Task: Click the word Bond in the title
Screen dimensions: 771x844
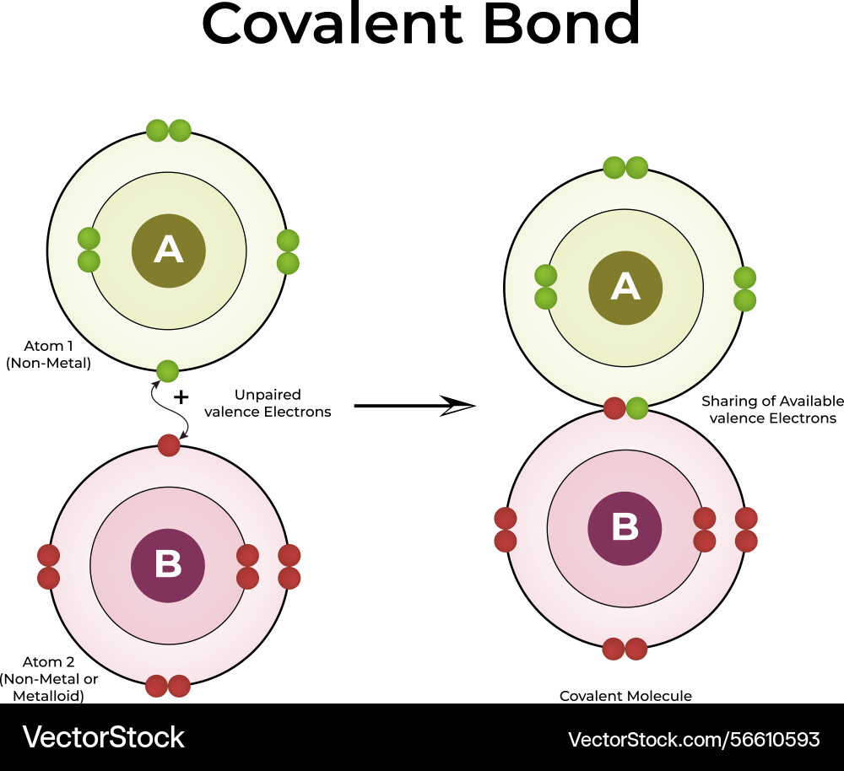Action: tap(561, 24)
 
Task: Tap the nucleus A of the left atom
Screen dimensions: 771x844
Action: tap(169, 251)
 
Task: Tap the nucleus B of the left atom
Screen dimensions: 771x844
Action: tap(168, 565)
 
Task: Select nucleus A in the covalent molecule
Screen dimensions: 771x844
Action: tap(625, 288)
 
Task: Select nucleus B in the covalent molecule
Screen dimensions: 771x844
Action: tap(625, 527)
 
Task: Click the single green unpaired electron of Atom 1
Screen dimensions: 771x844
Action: tap(168, 371)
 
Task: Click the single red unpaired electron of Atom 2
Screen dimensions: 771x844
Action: tap(169, 445)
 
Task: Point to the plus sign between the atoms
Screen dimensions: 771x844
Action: tap(181, 397)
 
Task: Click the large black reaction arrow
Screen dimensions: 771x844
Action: tap(414, 406)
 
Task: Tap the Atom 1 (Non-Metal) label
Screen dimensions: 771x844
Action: tap(48, 355)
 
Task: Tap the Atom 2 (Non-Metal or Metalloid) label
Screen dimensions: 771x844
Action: tap(49, 679)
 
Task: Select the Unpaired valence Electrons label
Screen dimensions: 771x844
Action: tap(268, 403)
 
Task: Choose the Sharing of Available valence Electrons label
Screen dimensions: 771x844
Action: tap(772, 409)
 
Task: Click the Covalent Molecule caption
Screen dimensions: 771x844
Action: tap(625, 696)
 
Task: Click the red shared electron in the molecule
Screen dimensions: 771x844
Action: tap(615, 409)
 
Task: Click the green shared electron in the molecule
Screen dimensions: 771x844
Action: tap(637, 409)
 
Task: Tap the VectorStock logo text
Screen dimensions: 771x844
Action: tap(103, 737)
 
